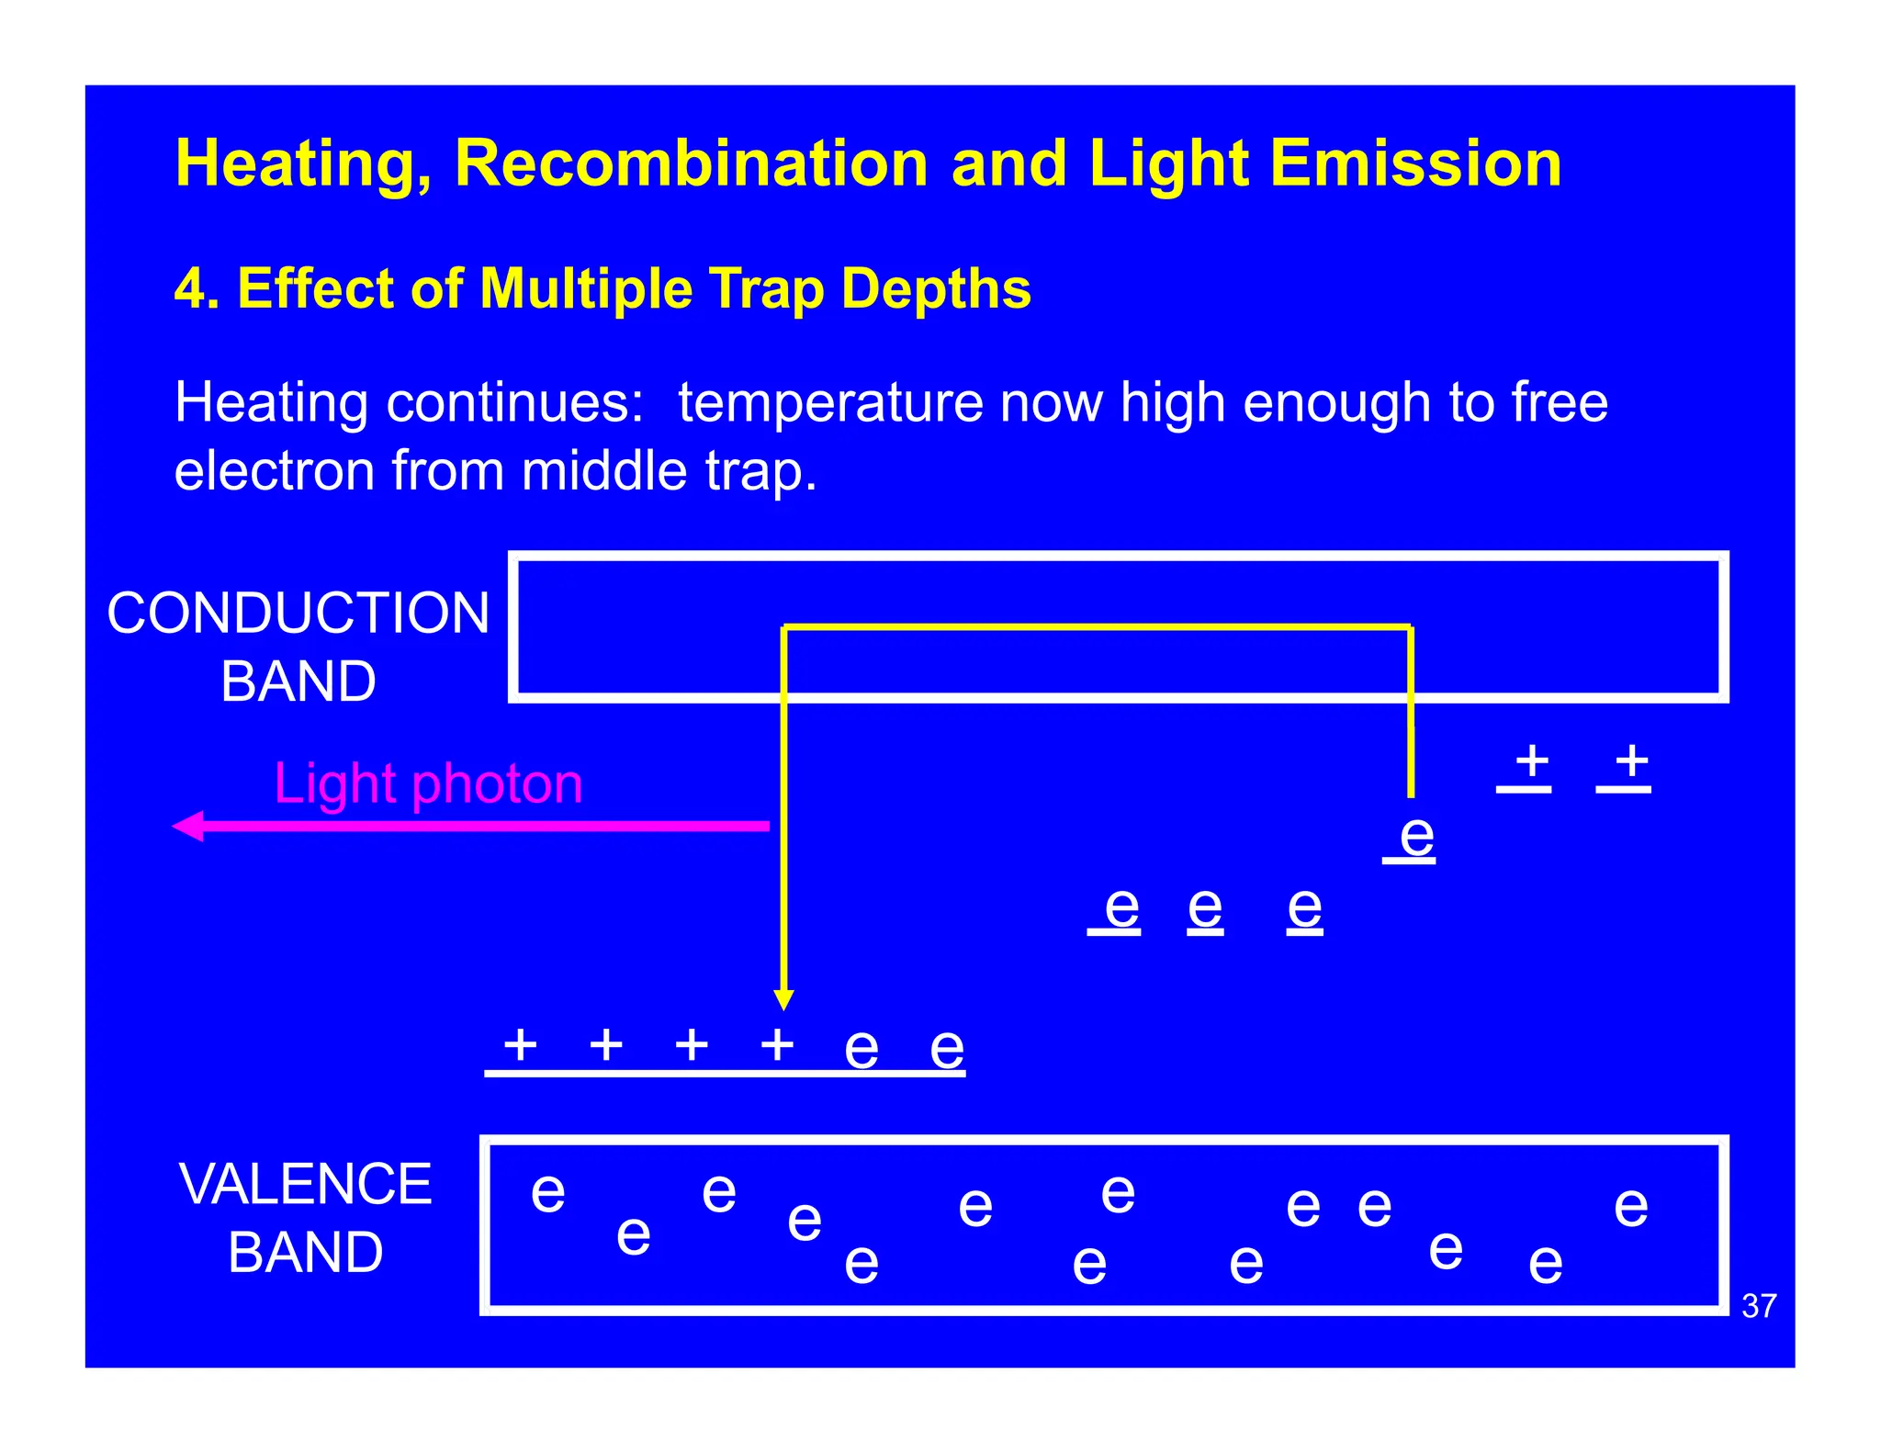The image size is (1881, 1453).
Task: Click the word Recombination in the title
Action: (691, 163)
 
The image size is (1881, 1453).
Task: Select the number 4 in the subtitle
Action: (188, 289)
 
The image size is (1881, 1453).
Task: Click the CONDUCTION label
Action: (298, 614)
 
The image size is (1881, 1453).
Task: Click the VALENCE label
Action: (305, 1184)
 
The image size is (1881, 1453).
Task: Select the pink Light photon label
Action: (428, 783)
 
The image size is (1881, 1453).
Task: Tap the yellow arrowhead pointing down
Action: (783, 999)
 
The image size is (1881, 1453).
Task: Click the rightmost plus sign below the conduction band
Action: (1631, 760)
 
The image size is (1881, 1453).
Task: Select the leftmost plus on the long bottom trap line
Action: (520, 1044)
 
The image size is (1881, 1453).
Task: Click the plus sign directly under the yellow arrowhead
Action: (777, 1044)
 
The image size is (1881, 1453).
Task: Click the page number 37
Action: (1759, 1306)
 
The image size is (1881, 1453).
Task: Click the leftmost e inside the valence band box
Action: (548, 1191)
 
